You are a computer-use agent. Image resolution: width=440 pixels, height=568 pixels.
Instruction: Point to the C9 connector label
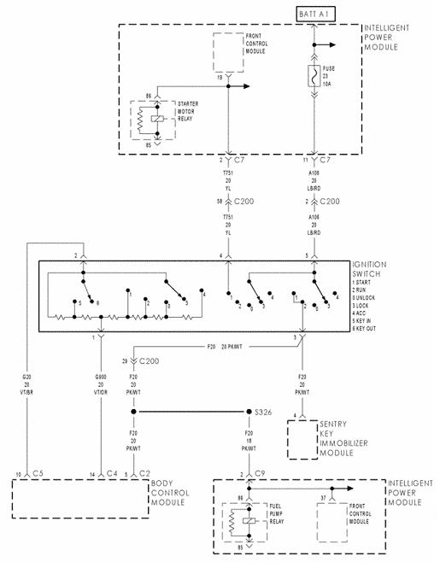click(259, 473)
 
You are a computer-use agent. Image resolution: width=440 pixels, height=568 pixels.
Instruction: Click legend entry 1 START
click(364, 283)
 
